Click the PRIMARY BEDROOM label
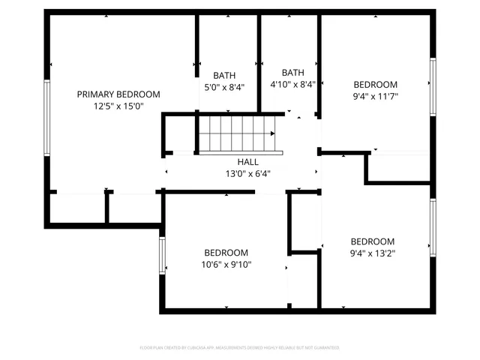tap(118, 94)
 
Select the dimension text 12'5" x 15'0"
tap(118, 106)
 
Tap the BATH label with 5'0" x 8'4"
tap(224, 75)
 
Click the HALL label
tap(248, 162)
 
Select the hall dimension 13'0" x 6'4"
tap(248, 174)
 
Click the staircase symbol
tap(237, 134)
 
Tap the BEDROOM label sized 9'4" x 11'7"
tap(376, 85)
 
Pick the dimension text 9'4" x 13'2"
tap(373, 253)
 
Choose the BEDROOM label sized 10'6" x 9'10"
tap(226, 253)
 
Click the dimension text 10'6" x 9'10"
tap(226, 265)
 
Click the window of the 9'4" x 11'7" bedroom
tap(433, 86)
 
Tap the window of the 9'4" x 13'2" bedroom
tap(433, 228)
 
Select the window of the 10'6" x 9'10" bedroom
tap(162, 256)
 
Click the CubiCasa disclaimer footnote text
tap(240, 348)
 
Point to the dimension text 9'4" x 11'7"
tap(376, 97)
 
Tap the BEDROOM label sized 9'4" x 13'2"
tap(373, 241)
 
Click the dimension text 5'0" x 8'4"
tap(224, 87)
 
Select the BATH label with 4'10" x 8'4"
tap(292, 72)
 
